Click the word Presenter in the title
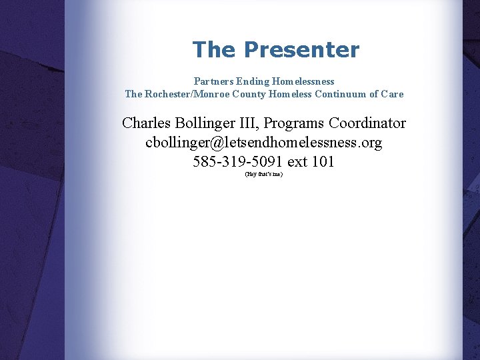coord(301,50)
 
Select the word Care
coord(393,94)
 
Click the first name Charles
coord(145,124)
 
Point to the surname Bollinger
coord(201,124)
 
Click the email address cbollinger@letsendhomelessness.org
coord(264,143)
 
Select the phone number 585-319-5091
coord(234,162)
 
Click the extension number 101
coord(323,162)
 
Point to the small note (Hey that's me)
coord(264,174)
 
